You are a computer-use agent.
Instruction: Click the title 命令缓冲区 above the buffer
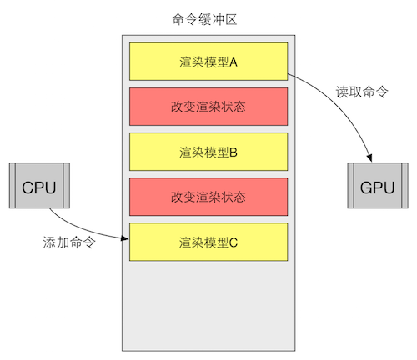pyautogui.click(x=208, y=18)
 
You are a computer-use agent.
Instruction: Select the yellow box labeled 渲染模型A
pyautogui.click(x=208, y=61)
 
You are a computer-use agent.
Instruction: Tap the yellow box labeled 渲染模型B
pyautogui.click(x=208, y=152)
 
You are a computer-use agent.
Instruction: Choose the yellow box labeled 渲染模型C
pyautogui.click(x=208, y=242)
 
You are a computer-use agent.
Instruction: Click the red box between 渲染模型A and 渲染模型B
pyautogui.click(x=208, y=106)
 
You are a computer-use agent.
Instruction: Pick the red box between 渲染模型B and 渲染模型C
pyautogui.click(x=208, y=197)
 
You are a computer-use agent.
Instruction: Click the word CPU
pyautogui.click(x=38, y=187)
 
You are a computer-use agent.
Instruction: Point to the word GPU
pyautogui.click(x=377, y=187)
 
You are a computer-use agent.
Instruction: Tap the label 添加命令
pyautogui.click(x=68, y=244)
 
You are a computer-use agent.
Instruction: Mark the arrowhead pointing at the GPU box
pyautogui.click(x=369, y=159)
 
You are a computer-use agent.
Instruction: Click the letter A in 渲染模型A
pyautogui.click(x=234, y=61)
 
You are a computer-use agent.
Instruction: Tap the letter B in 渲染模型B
pyautogui.click(x=234, y=152)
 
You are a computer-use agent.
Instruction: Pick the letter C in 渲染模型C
pyautogui.click(x=234, y=242)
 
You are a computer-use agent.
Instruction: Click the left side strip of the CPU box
pyautogui.click(x=13, y=187)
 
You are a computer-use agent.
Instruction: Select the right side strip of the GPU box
pyautogui.click(x=404, y=187)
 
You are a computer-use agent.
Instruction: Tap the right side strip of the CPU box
pyautogui.click(x=64, y=187)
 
